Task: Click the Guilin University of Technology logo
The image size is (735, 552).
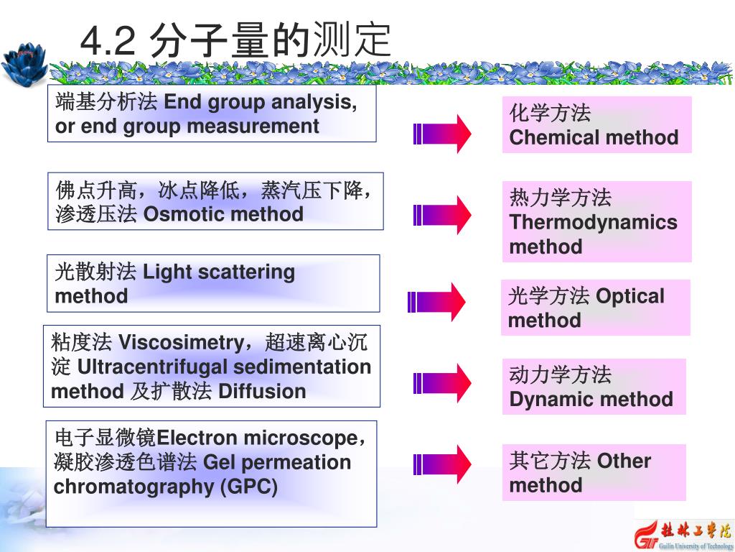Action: click(682, 533)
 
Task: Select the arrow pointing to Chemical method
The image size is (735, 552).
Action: click(442, 134)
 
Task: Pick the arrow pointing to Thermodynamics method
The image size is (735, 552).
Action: click(442, 214)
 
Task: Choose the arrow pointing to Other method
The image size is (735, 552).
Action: click(442, 464)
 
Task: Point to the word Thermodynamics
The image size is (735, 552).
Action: click(593, 222)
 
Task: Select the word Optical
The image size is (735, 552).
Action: click(629, 295)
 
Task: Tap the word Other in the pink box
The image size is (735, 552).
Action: click(623, 460)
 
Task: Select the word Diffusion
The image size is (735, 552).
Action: click(261, 391)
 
